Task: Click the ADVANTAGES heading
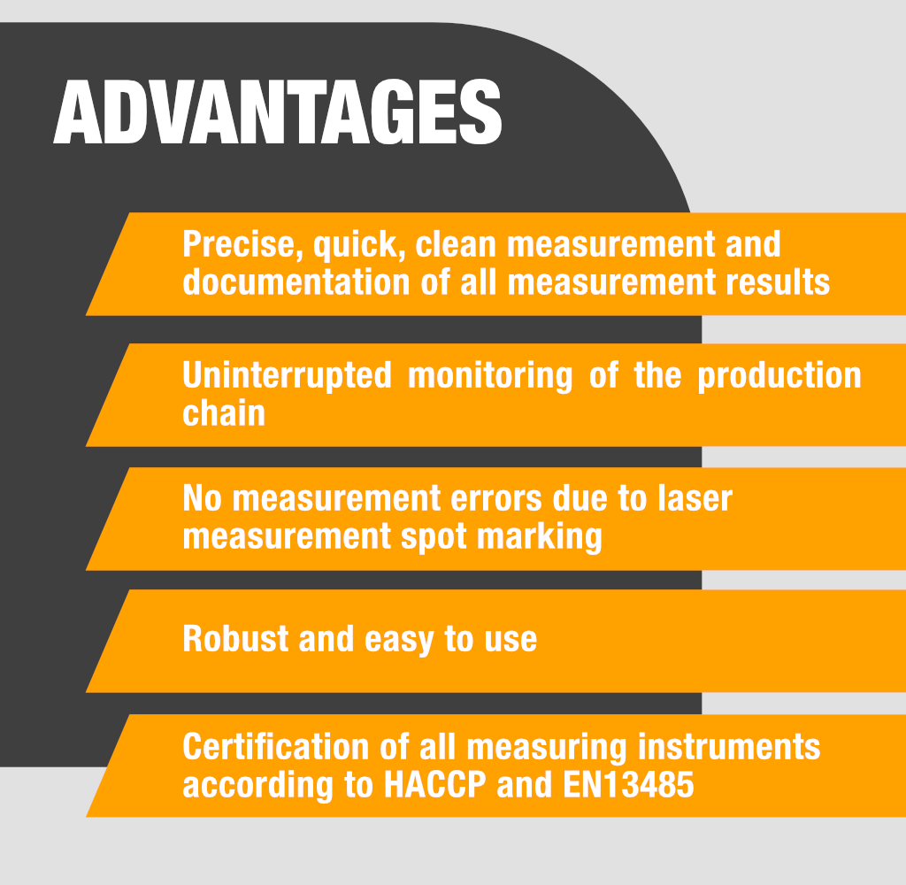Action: [x=277, y=112]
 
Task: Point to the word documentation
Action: [x=296, y=282]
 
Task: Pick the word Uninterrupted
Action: [x=288, y=376]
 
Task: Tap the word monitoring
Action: [x=490, y=376]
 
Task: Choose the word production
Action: [x=779, y=376]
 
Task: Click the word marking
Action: [x=540, y=537]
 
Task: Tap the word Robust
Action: [x=235, y=639]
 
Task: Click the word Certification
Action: [x=276, y=746]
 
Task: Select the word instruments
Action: [x=729, y=746]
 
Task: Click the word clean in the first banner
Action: [x=456, y=244]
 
